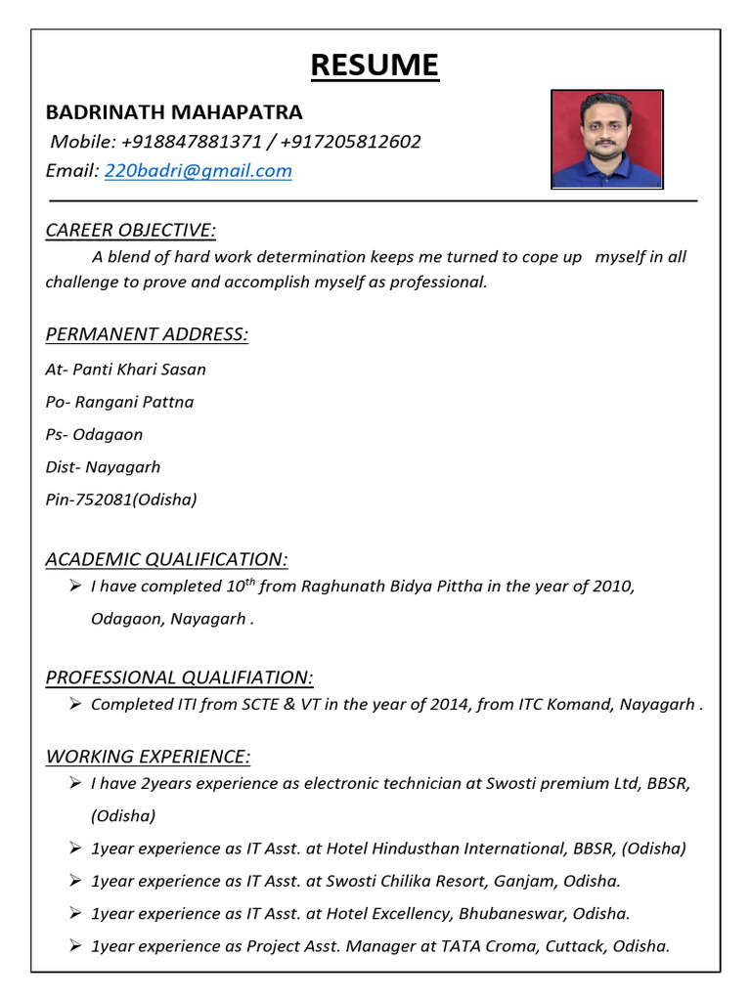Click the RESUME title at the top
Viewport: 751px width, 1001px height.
click(375, 65)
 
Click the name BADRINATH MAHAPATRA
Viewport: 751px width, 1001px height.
click(174, 111)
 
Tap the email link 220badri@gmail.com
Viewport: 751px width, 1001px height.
click(199, 171)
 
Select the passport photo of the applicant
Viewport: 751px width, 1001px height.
click(606, 139)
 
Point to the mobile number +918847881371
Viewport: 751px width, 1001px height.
click(189, 142)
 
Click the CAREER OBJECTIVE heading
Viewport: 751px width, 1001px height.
click(131, 231)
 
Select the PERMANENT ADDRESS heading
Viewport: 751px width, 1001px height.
click(147, 334)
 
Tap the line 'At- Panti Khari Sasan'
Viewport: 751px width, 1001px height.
click(125, 370)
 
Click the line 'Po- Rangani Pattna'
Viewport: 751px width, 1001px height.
click(119, 402)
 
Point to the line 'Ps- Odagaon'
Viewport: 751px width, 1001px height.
click(94, 434)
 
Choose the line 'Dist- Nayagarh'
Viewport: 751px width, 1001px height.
click(103, 467)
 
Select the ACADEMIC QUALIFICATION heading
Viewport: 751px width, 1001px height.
click(167, 559)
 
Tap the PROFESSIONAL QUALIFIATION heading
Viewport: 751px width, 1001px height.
click(180, 677)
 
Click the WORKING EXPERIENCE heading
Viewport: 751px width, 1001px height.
click(148, 757)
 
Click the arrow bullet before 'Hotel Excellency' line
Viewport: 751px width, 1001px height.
click(75, 913)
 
